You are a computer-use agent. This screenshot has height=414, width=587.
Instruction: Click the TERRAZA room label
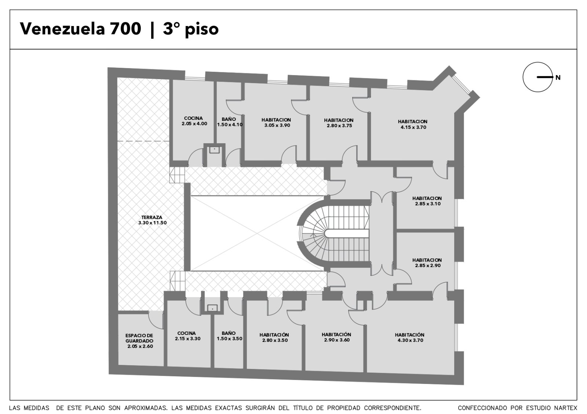[152, 217]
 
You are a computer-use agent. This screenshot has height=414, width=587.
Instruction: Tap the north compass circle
[538, 77]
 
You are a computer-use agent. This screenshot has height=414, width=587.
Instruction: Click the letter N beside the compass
[558, 77]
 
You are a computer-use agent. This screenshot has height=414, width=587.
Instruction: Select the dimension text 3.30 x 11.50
[153, 223]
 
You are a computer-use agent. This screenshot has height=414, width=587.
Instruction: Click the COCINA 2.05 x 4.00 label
[194, 121]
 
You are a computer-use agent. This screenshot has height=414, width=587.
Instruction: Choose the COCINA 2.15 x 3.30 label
[187, 336]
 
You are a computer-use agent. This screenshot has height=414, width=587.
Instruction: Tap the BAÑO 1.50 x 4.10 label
[230, 122]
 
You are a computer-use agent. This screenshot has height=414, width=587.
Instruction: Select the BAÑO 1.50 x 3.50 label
[229, 336]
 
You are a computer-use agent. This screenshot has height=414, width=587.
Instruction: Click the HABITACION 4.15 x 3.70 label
[413, 124]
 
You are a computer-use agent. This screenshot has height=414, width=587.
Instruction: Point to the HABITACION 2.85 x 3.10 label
[427, 201]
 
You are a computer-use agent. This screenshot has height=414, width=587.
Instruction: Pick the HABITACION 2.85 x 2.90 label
[427, 262]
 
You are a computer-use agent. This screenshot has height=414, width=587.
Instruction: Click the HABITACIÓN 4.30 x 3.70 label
[409, 337]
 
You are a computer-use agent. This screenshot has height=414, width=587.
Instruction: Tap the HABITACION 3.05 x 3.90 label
[277, 122]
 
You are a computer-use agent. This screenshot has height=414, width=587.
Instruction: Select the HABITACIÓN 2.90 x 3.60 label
[336, 337]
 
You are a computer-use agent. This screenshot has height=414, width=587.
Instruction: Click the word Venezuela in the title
[62, 29]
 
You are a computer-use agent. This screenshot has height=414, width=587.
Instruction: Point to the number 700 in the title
[125, 29]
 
